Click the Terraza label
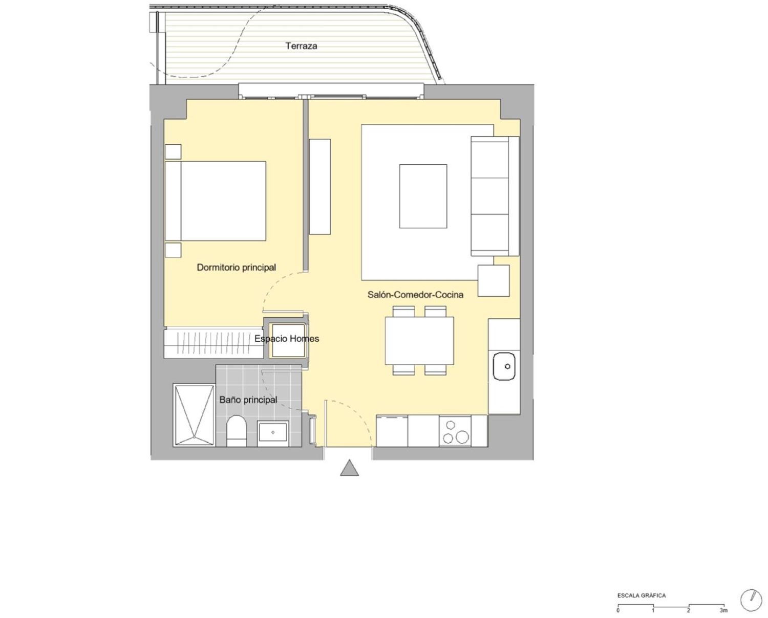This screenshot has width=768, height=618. tap(301, 46)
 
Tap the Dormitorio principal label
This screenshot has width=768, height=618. tap(236, 267)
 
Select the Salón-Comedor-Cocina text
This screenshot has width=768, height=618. tap(415, 295)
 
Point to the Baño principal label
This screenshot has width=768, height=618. tap(248, 400)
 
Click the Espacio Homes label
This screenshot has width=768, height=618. tap(287, 339)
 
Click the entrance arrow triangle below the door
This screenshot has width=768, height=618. tap(349, 468)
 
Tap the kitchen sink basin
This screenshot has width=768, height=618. tap(504, 366)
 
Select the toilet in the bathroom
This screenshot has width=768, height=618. tap(236, 431)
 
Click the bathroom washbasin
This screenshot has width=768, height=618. tap(273, 434)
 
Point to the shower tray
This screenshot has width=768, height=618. tap(194, 415)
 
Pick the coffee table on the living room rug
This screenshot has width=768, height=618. tap(423, 196)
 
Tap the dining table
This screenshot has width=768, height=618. tap(419, 341)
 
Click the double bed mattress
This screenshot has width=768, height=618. tap(223, 201)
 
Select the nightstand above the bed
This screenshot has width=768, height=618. tap(173, 151)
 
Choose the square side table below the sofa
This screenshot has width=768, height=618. tap(494, 281)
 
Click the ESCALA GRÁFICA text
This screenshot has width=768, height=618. tap(642, 595)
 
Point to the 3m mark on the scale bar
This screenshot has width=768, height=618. tap(723, 610)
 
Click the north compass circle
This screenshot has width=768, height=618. tap(751, 600)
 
